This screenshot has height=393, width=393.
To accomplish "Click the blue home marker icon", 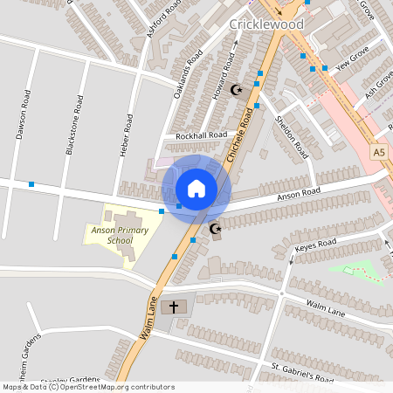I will pyautogui.click(x=196, y=188).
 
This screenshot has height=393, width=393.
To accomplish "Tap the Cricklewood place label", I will pyautogui.click(x=265, y=24).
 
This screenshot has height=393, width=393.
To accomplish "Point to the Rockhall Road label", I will pyautogui.click(x=201, y=135).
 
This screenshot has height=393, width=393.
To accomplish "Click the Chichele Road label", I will pyautogui.click(x=245, y=134).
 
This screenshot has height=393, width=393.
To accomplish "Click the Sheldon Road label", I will pyautogui.click(x=292, y=134).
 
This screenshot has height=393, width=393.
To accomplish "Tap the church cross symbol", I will pyautogui.click(x=174, y=307).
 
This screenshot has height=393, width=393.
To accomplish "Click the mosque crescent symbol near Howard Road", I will pyautogui.click(x=234, y=89).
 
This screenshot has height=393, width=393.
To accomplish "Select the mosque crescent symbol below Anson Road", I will pyautogui.click(x=215, y=230).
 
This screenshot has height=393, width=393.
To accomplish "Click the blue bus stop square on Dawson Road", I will pyautogui.click(x=31, y=184).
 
